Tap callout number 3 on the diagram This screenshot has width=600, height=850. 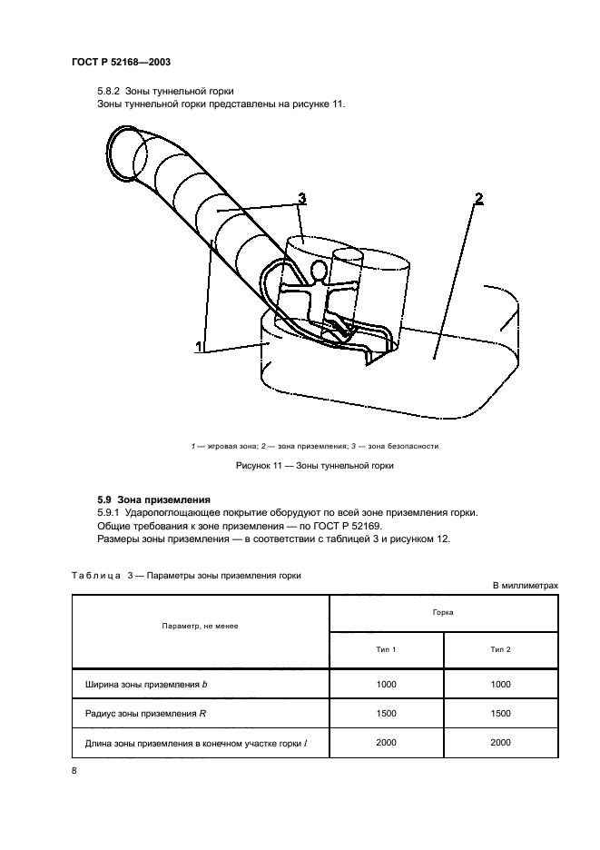click(300, 198)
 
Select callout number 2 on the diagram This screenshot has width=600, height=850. click(478, 197)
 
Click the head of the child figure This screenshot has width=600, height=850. click(319, 270)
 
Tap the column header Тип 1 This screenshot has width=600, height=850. click(386, 649)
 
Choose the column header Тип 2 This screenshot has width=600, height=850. click(500, 649)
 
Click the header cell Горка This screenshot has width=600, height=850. click(443, 613)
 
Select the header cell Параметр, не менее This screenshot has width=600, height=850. click(201, 627)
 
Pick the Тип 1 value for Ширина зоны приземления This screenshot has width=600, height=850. click(386, 684)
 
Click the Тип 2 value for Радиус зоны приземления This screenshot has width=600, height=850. click(500, 714)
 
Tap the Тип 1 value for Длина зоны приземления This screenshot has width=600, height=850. click(386, 743)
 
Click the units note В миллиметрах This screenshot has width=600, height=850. click(525, 586)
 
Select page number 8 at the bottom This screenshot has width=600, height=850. click(74, 771)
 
